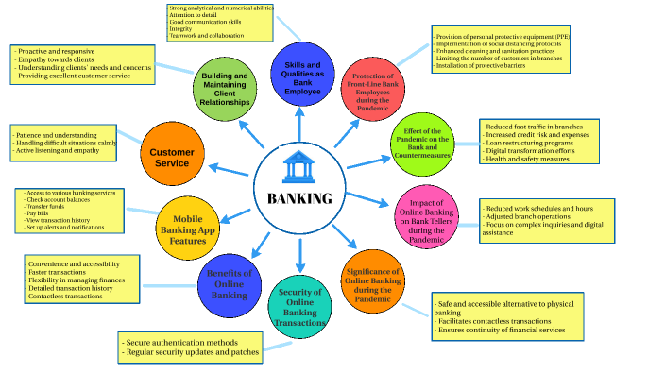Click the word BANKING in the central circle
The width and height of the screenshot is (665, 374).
[x=299, y=198]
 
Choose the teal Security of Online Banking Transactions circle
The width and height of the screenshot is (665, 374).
[x=300, y=306]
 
